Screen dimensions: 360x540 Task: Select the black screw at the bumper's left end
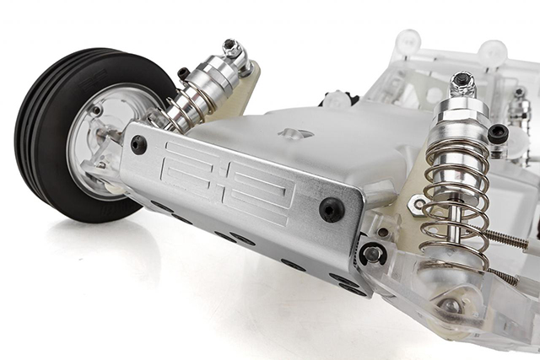[138, 144]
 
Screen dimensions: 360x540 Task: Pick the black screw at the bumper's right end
[332, 209]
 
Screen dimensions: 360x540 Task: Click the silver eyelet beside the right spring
[418, 203]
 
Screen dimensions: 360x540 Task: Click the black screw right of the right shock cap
[498, 132]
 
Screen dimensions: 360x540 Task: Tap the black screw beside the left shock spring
[183, 74]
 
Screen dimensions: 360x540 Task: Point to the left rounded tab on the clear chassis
[408, 40]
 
